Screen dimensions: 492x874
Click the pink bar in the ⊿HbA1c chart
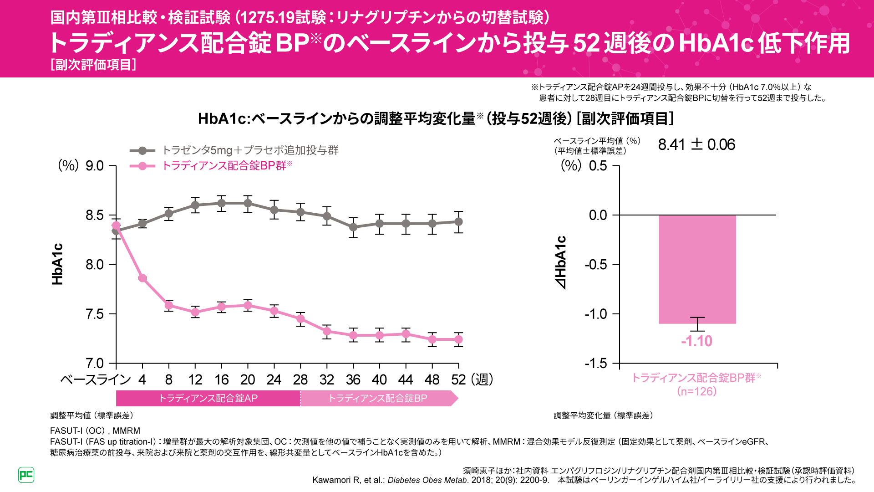pos(697,269)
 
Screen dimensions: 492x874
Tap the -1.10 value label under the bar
pos(696,341)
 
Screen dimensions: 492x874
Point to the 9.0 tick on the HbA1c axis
pos(95,166)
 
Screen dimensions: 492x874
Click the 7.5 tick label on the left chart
pos(95,314)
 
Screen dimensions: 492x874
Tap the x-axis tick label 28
pos(300,379)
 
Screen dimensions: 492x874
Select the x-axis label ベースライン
pos(96,379)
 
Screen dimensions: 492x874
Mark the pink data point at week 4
pos(142,278)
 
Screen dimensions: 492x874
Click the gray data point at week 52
pos(458,222)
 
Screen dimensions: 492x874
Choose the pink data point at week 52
pos(458,339)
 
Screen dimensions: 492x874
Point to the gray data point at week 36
pos(353,227)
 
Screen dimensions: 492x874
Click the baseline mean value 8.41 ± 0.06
pos(696,145)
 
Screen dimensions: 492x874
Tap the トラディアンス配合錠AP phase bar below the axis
pos(208,399)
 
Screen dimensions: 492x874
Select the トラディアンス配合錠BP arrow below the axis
pos(378,399)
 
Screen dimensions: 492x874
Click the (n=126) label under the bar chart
pos(696,391)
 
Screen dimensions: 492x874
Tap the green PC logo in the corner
pos(26,475)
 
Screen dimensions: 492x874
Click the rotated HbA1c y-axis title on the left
pos(57,264)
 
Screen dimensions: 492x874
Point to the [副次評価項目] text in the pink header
pos(93,65)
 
